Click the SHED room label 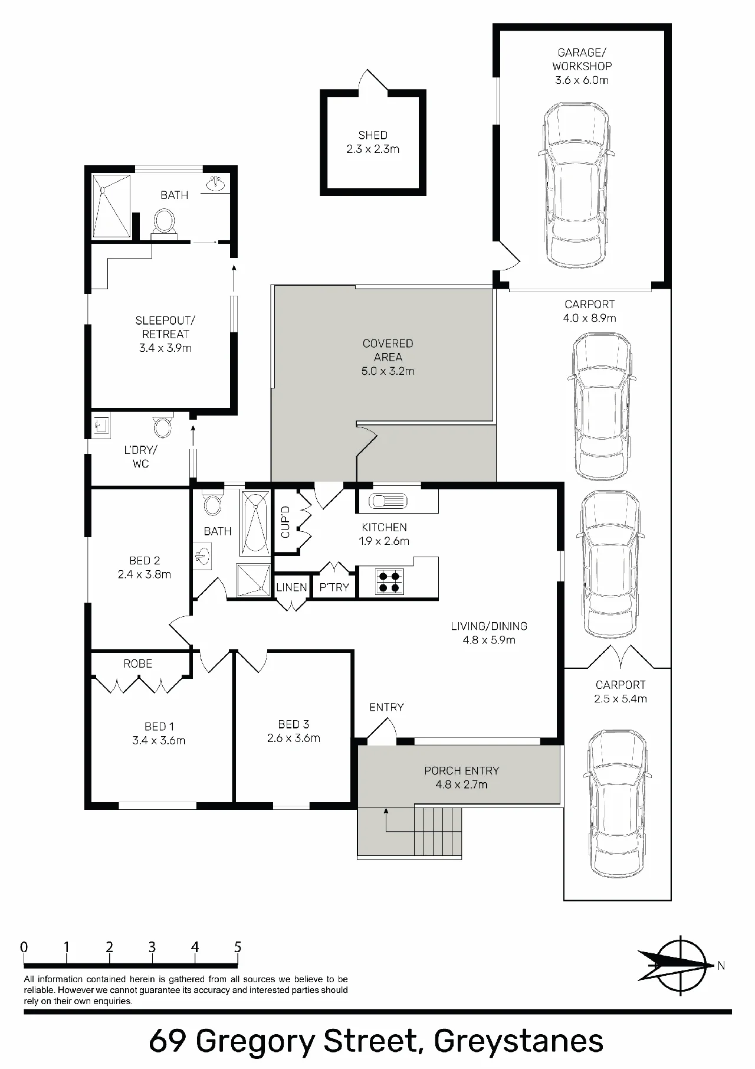point(373,135)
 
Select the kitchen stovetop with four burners point(389,581)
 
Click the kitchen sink point(388,501)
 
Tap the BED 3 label point(294,724)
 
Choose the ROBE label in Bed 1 point(138,663)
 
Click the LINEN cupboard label point(291,587)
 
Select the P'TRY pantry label point(334,587)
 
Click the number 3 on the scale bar point(152,947)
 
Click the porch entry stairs point(438,832)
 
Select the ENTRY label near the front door point(386,707)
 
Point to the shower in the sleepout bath point(111,205)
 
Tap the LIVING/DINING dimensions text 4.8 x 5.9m point(489,640)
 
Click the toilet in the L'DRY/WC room point(162,426)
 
